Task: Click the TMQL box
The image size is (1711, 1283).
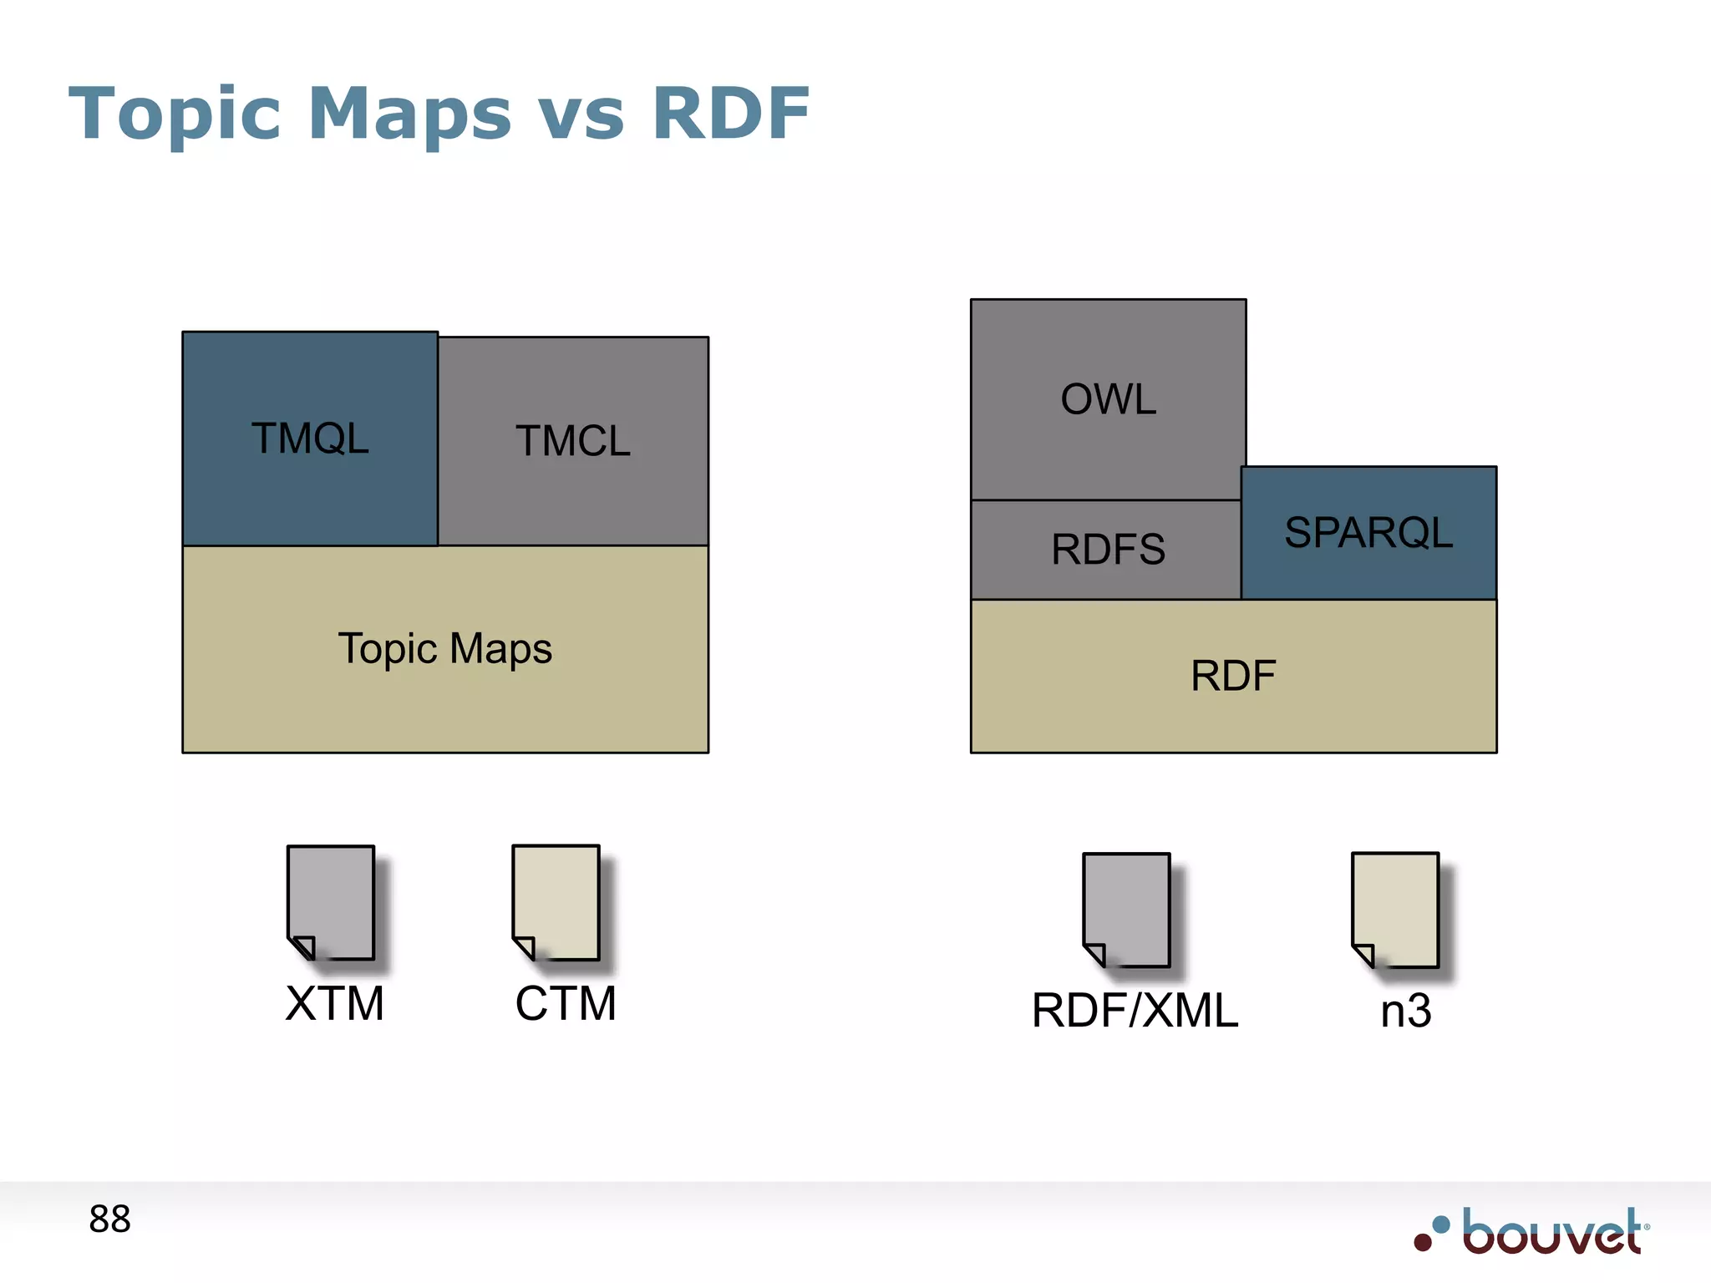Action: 310,439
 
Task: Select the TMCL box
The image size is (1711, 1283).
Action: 573,441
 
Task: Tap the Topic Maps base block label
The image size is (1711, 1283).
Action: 444,649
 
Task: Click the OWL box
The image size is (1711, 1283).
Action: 1108,399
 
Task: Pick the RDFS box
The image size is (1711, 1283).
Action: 1107,550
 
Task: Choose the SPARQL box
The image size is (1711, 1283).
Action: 1368,533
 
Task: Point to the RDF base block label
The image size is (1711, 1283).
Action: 1233,676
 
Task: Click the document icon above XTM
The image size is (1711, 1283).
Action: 331,903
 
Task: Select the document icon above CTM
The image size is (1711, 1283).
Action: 556,903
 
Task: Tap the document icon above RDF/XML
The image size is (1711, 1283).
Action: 1127,910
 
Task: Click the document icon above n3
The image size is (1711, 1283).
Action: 1395,910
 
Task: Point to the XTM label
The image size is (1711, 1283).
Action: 334,1003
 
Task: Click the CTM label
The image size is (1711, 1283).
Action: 566,1003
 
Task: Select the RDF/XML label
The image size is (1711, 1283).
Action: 1135,1011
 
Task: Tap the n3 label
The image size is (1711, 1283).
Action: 1405,1011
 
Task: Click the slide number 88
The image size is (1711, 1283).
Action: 109,1220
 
